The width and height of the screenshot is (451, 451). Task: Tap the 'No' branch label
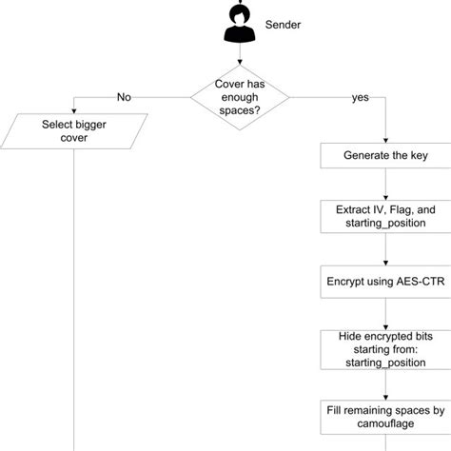pyautogui.click(x=124, y=96)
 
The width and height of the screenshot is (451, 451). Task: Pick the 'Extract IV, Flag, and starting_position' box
pyautogui.click(x=384, y=215)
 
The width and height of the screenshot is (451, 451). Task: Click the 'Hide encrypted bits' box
pyautogui.click(x=384, y=350)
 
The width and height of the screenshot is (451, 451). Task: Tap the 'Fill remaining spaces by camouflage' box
pyautogui.click(x=384, y=416)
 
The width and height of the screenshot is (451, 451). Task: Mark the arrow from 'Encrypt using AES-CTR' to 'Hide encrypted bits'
pyautogui.click(x=384, y=314)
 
